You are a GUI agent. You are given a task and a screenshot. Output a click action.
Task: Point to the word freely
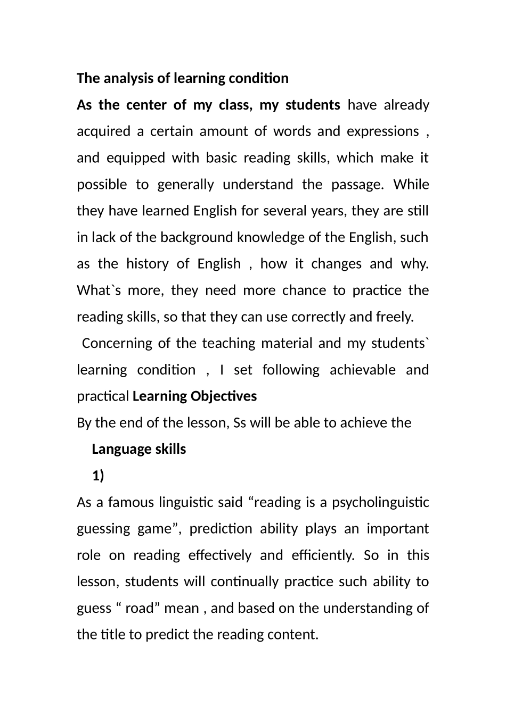[x=394, y=317]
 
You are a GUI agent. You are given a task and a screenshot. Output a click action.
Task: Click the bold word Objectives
[x=224, y=396]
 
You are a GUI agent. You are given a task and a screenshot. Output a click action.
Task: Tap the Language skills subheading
[x=138, y=450]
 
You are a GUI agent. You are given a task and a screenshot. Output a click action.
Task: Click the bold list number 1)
[x=98, y=476]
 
